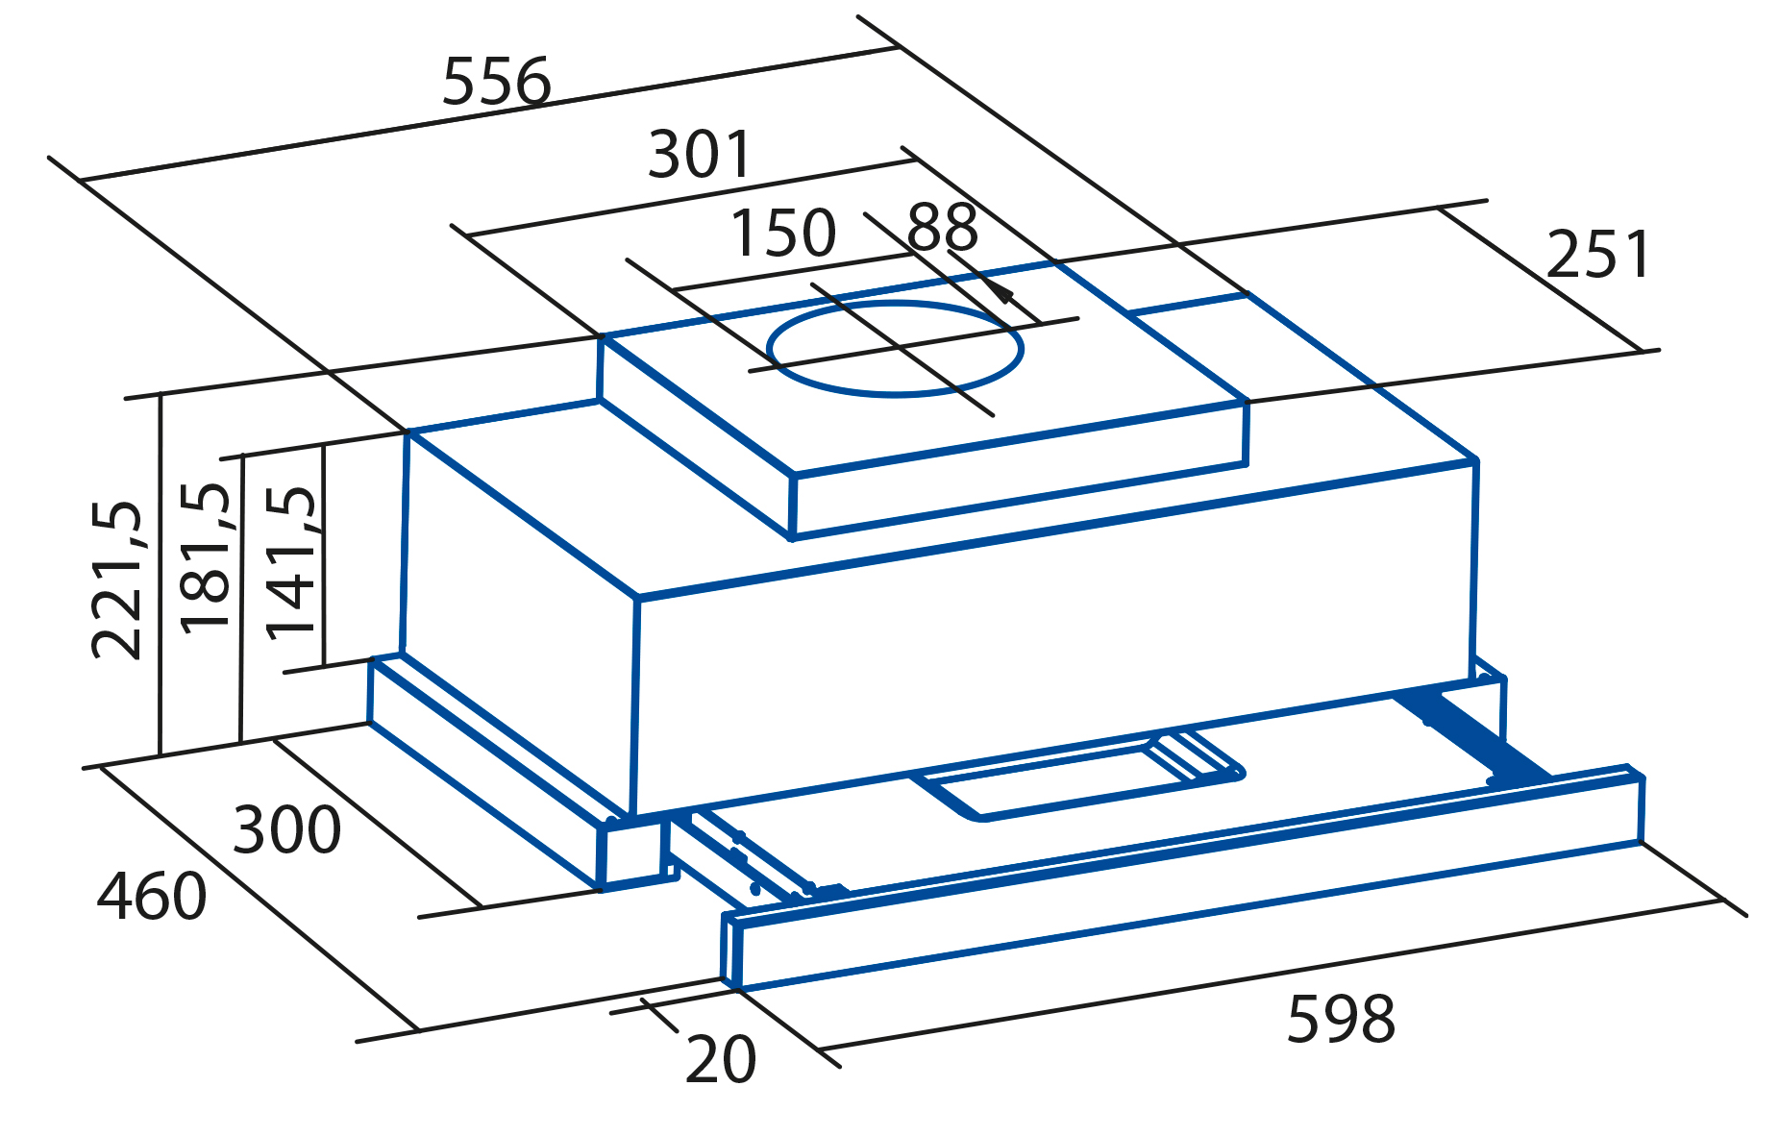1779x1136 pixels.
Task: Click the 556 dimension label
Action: point(496,82)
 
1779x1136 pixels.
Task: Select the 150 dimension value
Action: point(783,233)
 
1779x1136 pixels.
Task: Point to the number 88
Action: point(942,228)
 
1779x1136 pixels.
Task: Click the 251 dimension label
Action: point(1598,255)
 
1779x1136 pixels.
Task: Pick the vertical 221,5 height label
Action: point(117,580)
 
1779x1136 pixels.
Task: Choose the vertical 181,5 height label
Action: point(206,557)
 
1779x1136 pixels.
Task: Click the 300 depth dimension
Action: point(286,830)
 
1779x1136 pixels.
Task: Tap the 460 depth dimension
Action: point(152,897)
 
